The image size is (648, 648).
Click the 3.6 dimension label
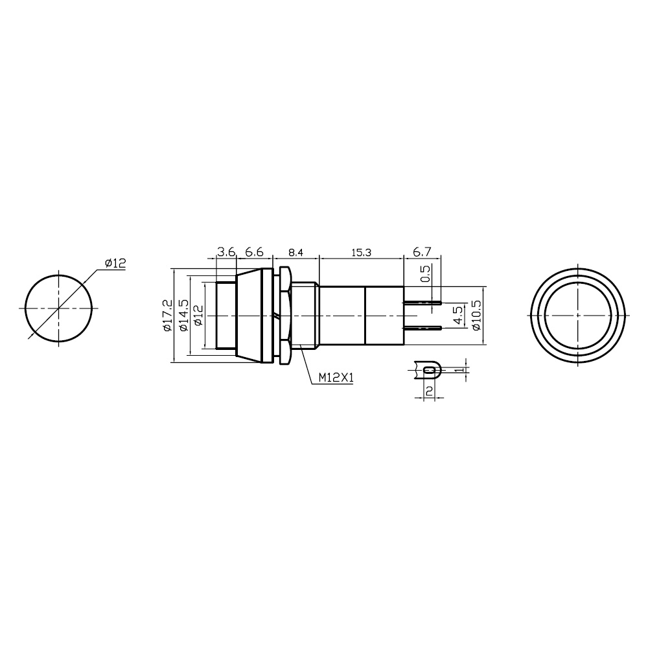coord(226,251)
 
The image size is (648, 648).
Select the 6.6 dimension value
coord(254,251)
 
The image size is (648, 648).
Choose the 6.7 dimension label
coord(422,251)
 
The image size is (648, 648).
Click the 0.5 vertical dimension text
coord(425,273)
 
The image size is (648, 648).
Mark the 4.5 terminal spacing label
coord(458,316)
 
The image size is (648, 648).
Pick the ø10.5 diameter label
coord(476,316)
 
